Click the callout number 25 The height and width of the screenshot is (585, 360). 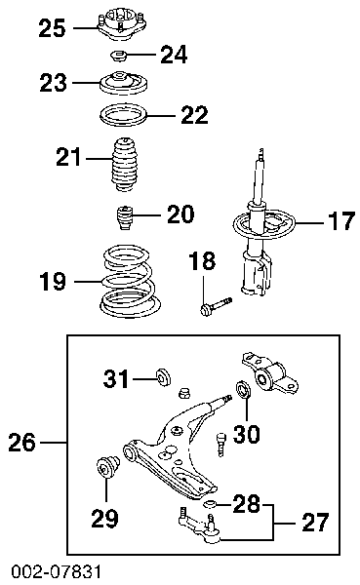[x=52, y=28]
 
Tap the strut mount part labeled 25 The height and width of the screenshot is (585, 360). [x=121, y=24]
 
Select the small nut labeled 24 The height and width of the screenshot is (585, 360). [x=119, y=57]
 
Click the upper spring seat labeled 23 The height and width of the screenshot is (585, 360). [x=124, y=83]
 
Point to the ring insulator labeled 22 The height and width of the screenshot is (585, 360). [x=124, y=116]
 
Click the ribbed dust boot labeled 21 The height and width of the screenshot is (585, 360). [x=124, y=164]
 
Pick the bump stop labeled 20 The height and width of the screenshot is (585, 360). [x=123, y=217]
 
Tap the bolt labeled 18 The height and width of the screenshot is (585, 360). [x=216, y=306]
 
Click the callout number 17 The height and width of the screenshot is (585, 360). [x=340, y=221]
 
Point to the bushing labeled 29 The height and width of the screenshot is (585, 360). [x=108, y=466]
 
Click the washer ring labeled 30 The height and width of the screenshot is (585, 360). [x=243, y=389]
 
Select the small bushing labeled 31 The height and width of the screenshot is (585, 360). [x=163, y=376]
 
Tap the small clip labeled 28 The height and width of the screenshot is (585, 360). [x=211, y=505]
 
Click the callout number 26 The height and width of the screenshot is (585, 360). [x=22, y=443]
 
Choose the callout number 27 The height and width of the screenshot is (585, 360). [x=315, y=523]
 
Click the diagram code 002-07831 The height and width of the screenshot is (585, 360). [x=56, y=571]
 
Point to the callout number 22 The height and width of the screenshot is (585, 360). [x=194, y=115]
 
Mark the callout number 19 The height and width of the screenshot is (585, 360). [x=53, y=282]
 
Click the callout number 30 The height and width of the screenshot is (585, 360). [x=247, y=434]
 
